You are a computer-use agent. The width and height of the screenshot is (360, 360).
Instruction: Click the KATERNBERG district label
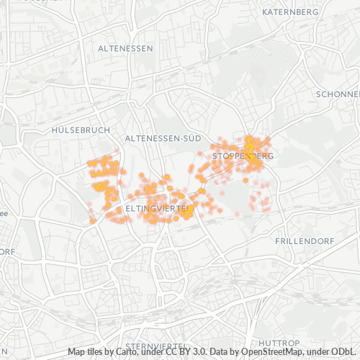click(x=292, y=13)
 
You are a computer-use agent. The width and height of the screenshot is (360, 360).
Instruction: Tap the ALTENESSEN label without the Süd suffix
click(x=124, y=48)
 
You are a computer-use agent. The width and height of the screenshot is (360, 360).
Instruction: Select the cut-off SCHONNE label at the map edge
click(x=337, y=94)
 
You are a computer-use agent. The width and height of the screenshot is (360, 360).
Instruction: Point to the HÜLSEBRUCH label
click(x=81, y=130)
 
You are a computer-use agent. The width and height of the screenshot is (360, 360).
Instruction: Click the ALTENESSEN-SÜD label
click(x=162, y=137)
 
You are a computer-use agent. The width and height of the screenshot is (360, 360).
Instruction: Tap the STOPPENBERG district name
click(x=243, y=156)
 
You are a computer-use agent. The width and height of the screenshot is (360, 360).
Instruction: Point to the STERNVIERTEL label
click(x=156, y=346)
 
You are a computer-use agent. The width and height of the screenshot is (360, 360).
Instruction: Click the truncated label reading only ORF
click(x=7, y=251)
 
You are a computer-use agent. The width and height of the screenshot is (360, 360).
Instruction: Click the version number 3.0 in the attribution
click(x=196, y=351)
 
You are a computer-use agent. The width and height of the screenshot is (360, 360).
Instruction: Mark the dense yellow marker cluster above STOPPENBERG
click(x=249, y=143)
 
